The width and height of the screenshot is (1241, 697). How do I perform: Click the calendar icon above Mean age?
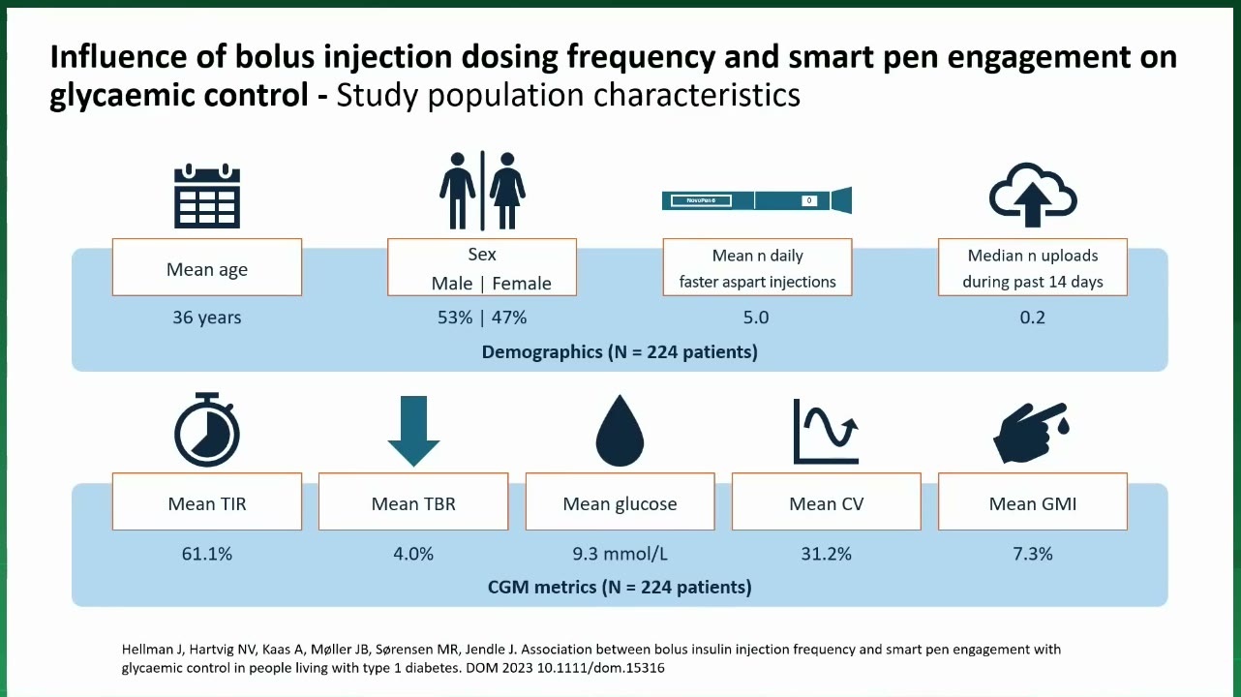pyautogui.click(x=207, y=196)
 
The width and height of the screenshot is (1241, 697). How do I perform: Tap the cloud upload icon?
pyautogui.click(x=1033, y=195)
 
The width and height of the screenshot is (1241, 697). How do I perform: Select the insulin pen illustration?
pyautogui.click(x=757, y=200)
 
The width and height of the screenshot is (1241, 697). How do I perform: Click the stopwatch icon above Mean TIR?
pyautogui.click(x=207, y=430)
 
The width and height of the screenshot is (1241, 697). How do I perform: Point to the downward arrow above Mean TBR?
pyautogui.click(x=413, y=431)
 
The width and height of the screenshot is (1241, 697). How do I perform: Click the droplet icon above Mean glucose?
pyautogui.click(x=620, y=430)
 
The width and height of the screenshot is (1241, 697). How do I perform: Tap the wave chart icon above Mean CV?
pyautogui.click(x=826, y=431)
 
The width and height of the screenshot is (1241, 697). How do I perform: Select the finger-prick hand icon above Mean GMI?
pyautogui.click(x=1031, y=432)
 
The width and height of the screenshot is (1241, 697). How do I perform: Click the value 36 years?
pyautogui.click(x=206, y=318)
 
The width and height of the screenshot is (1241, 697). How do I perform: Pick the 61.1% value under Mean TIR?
pyautogui.click(x=206, y=554)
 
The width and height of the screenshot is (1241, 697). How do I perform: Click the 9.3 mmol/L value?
pyautogui.click(x=620, y=554)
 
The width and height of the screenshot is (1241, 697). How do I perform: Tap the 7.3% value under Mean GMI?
pyautogui.click(x=1033, y=554)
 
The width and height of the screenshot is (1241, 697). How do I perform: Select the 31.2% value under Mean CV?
pyautogui.click(x=826, y=554)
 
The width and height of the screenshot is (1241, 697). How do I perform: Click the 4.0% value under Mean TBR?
pyautogui.click(x=413, y=554)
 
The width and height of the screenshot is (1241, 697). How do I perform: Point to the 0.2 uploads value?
pyautogui.click(x=1033, y=318)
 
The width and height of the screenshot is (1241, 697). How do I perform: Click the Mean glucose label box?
pyautogui.click(x=620, y=501)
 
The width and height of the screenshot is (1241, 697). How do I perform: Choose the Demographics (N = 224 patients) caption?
pyautogui.click(x=620, y=351)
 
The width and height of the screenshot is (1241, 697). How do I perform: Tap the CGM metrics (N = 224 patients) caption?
pyautogui.click(x=620, y=587)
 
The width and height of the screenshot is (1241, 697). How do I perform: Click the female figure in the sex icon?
pyautogui.click(x=507, y=191)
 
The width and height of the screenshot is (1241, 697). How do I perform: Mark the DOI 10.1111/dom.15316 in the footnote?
pyautogui.click(x=600, y=668)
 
